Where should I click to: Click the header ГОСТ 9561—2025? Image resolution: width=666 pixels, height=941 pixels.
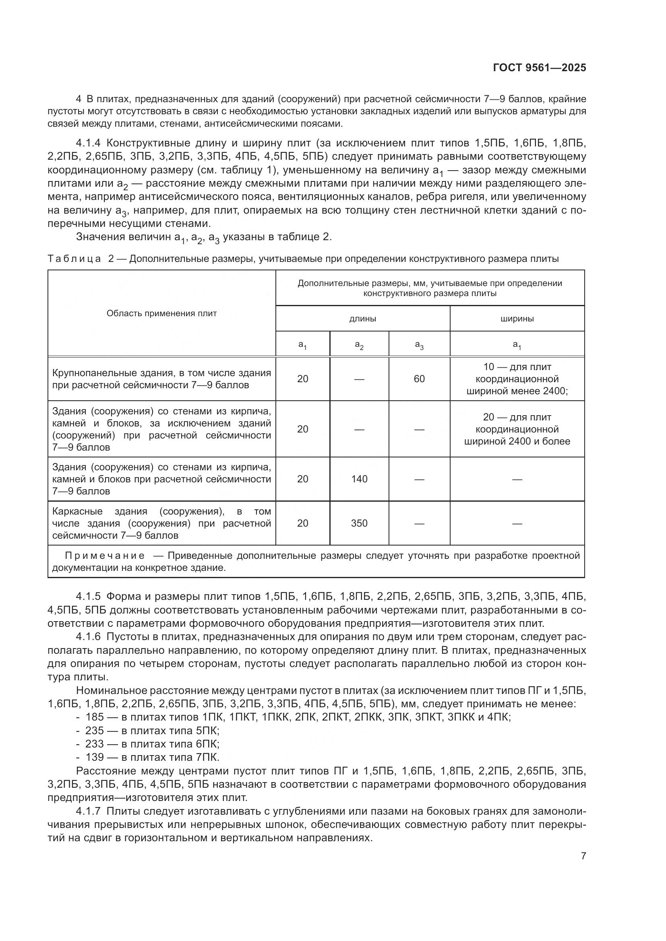pyautogui.click(x=539, y=68)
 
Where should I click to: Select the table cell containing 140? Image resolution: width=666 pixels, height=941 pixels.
pyautogui.click(x=359, y=479)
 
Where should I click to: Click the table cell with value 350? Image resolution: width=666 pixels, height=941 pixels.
pyautogui.click(x=359, y=523)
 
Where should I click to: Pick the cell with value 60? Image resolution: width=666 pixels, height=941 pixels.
pyautogui.click(x=419, y=379)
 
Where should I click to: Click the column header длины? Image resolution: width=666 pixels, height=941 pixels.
pyautogui.click(x=362, y=319)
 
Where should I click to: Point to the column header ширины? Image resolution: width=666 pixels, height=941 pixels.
pyautogui.click(x=517, y=319)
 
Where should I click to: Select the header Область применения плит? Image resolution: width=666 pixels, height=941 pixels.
pyautogui.click(x=161, y=313)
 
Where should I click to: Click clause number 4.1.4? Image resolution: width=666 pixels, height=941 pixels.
pyautogui.click(x=88, y=143)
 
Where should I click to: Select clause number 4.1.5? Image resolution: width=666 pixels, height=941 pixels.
pyautogui.click(x=88, y=596)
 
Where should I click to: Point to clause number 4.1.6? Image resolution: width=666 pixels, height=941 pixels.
pyautogui.click(x=88, y=636)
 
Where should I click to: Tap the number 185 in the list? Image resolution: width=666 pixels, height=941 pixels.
pyautogui.click(x=94, y=717)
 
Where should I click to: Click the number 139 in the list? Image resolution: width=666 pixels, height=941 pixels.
pyautogui.click(x=94, y=757)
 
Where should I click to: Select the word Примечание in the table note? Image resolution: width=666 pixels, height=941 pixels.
pyautogui.click(x=105, y=556)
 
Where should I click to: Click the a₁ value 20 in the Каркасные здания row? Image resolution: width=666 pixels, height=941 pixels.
pyautogui.click(x=303, y=523)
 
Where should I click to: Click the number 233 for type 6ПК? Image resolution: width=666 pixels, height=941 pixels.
pyautogui.click(x=94, y=743)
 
